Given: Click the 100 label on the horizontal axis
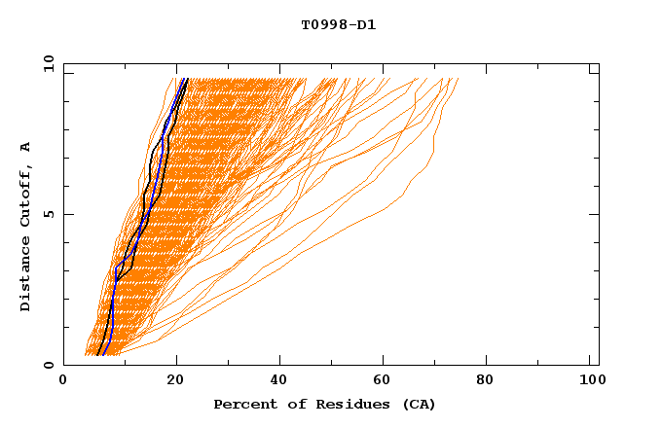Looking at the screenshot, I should pos(589,380).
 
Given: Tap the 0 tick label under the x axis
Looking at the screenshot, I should pos(63,380).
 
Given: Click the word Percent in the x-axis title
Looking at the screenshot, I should pos(240,404).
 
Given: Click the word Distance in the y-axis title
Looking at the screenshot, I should pos(26,275).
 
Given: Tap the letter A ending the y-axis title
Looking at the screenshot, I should pos(26,147).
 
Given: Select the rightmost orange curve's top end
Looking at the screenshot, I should pos(458,79).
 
